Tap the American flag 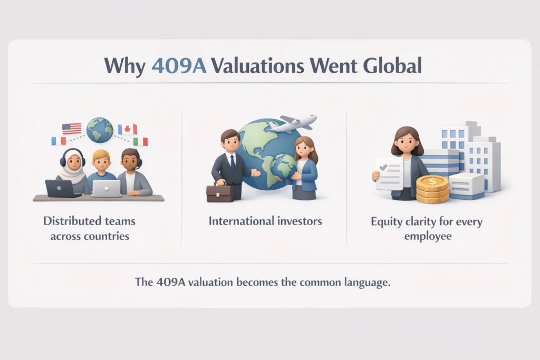point(72,128)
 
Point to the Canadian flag point(127,129)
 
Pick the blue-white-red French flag point(59,141)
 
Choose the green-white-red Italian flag point(140,141)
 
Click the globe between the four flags point(100,130)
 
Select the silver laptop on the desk point(107,188)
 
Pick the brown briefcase point(219,193)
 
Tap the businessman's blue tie point(232,163)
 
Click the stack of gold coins point(432,189)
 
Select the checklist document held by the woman point(390,173)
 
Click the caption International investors point(265,221)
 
